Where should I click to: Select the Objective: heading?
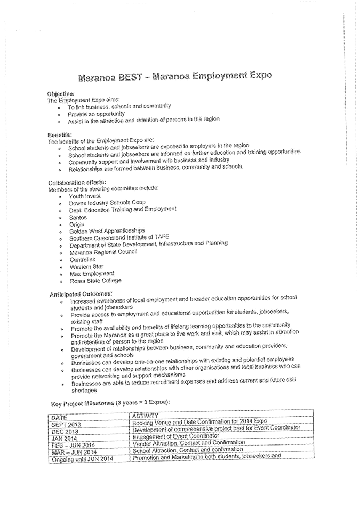point(61,93)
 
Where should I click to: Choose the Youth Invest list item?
point(85,196)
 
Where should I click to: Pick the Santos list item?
point(77,217)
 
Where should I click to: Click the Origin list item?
point(76,224)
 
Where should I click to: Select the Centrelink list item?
point(83,259)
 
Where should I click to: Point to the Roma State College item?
point(95,280)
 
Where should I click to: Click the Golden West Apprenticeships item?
point(107,231)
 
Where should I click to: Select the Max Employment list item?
point(91,273)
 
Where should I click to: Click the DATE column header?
point(60,416)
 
